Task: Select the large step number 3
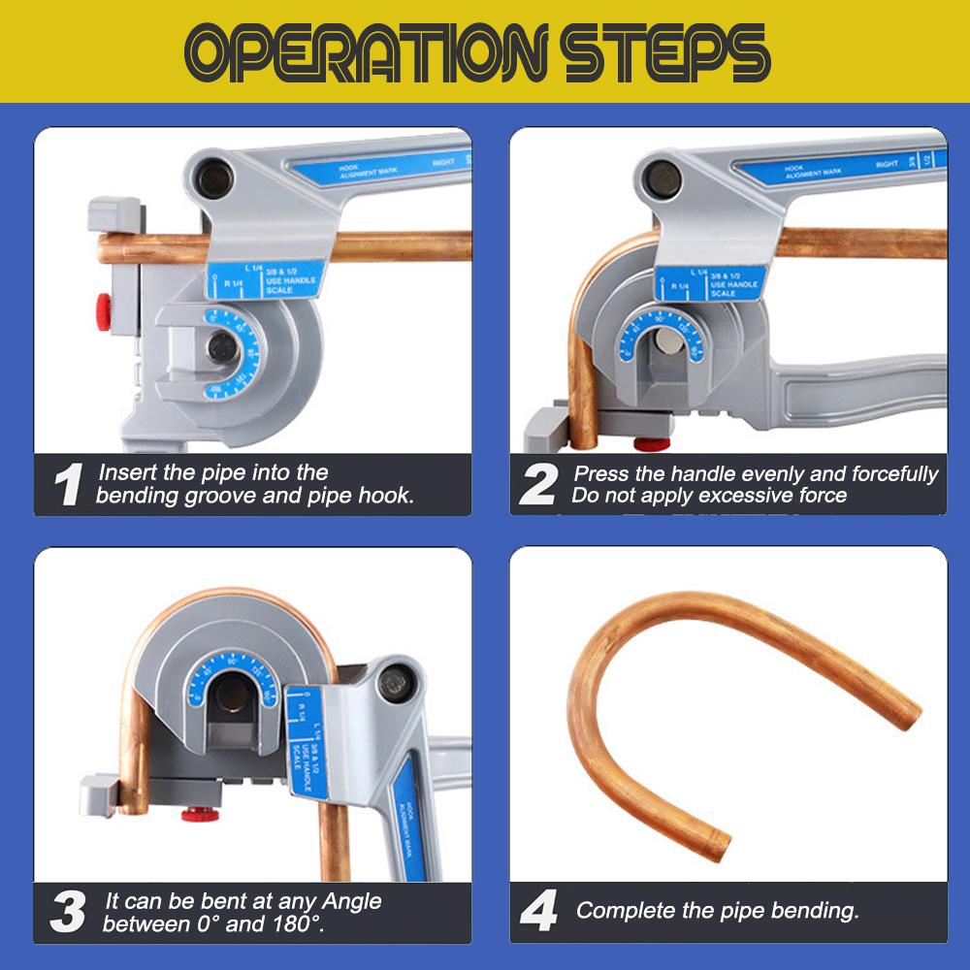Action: [67, 913]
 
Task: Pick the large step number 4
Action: [538, 913]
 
